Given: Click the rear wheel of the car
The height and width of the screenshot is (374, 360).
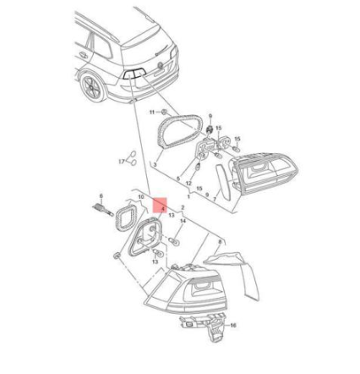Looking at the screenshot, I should (92, 84).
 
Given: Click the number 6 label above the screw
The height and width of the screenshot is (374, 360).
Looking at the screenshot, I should (101, 195).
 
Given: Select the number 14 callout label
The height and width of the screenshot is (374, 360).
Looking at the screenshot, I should (183, 221).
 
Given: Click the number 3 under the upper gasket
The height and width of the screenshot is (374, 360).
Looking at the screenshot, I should (153, 163).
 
